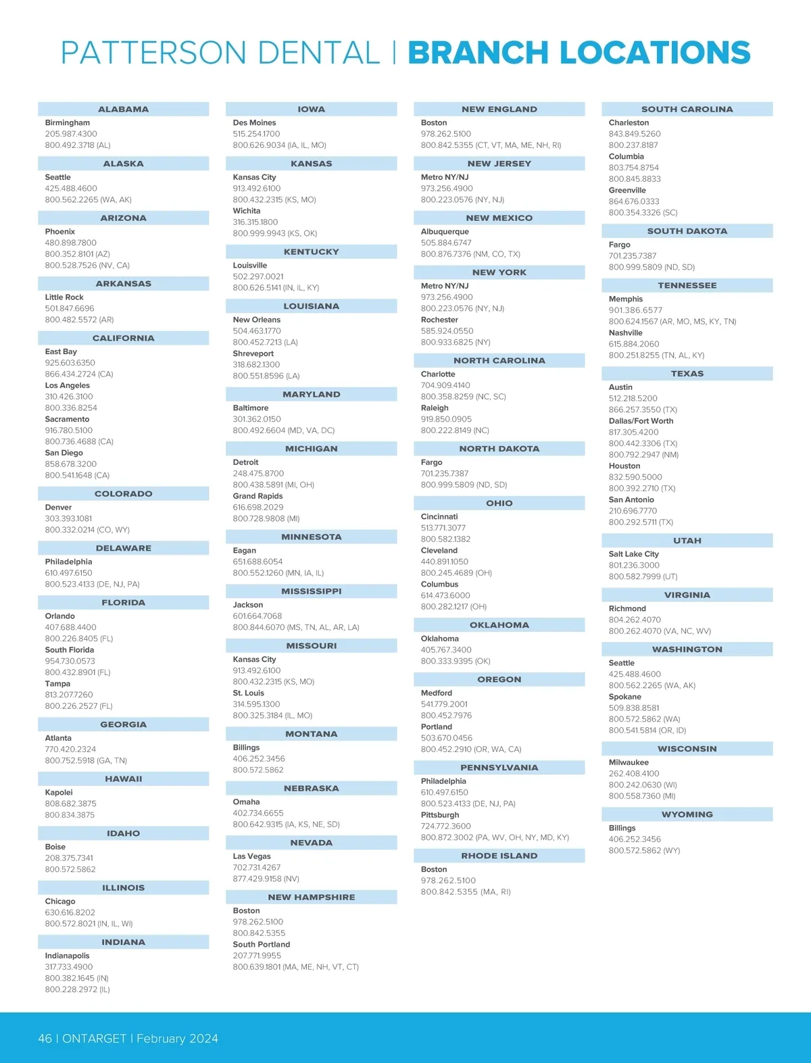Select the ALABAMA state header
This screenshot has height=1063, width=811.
pos(123,109)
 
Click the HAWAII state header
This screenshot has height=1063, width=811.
pos(123,779)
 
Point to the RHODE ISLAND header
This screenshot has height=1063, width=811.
pos(499,856)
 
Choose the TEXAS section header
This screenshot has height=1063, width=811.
pos(687,374)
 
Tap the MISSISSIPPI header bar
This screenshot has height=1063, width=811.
pos(311,591)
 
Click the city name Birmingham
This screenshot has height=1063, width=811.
pos(68,123)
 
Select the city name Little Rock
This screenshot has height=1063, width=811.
pos(64,297)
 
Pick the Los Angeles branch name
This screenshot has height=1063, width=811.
pos(68,386)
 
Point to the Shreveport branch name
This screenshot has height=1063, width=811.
pos(253,353)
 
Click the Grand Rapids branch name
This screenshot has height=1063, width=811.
pos(257,496)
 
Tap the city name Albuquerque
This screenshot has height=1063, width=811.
pos(445,232)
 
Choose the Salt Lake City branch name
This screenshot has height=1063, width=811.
pos(633,554)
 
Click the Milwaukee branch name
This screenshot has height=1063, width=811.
pos(629,762)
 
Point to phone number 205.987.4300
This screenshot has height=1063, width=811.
pos(71,134)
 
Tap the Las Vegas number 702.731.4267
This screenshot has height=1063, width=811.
pos(257,868)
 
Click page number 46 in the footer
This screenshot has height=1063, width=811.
pos(45,1038)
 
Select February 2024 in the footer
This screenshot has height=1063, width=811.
pos(177,1038)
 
